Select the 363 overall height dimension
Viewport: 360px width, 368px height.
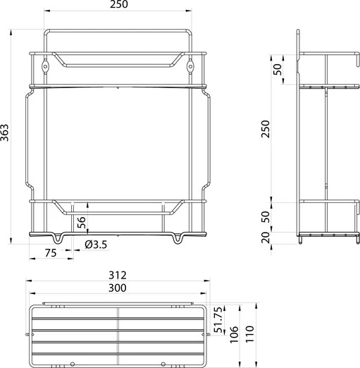[6, 134]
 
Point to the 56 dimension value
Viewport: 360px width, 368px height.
[82, 221]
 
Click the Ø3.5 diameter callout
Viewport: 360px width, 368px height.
[95, 245]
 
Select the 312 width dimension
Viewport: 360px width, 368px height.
[119, 275]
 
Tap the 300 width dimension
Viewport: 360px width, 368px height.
[119, 288]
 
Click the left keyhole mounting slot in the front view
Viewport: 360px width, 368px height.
[46, 66]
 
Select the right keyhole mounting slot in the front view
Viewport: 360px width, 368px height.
[192, 66]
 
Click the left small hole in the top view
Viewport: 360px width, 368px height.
[71, 364]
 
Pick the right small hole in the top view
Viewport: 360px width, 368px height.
[163, 364]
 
